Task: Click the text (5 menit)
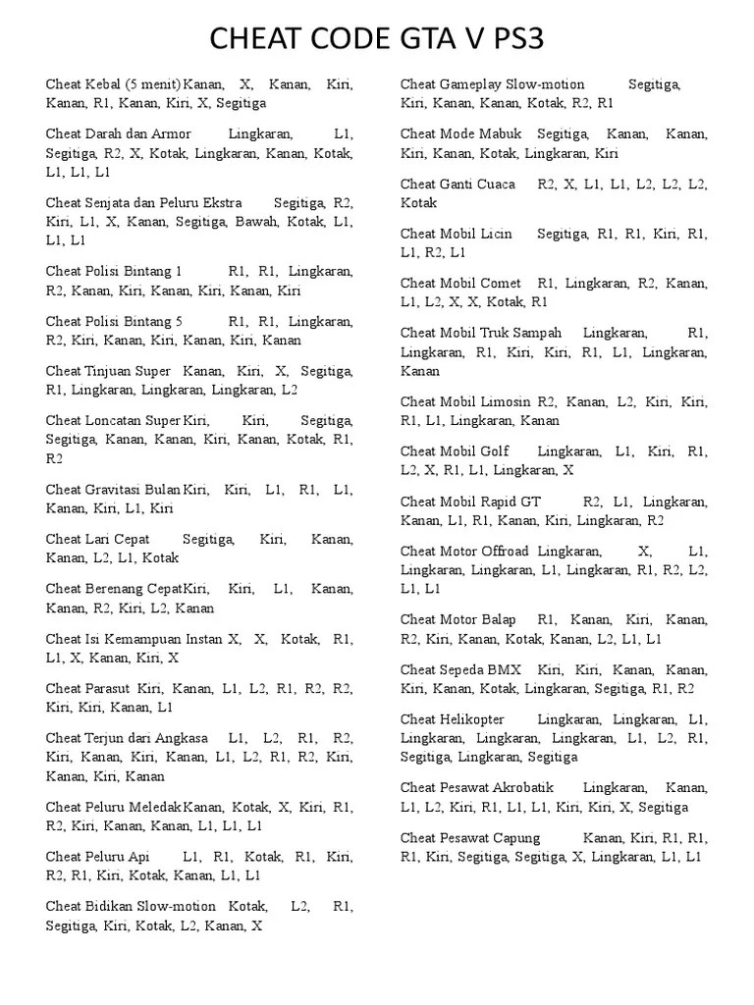(151, 83)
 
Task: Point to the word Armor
(172, 133)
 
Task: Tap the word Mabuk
(502, 133)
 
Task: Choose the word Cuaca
(496, 184)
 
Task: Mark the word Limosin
(507, 401)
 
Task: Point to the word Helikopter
(479, 719)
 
